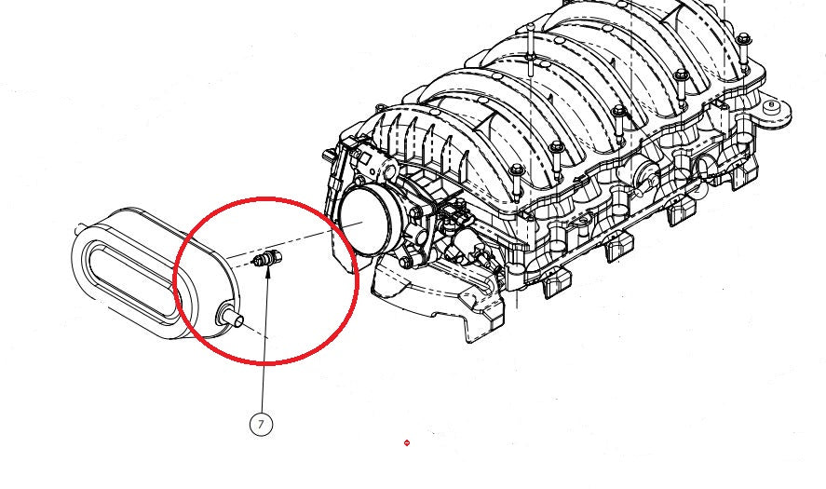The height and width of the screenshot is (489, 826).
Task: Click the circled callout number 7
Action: point(262,424)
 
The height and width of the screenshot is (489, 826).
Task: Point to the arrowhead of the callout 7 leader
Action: point(267,273)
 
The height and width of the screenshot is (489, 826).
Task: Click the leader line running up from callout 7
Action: point(264,354)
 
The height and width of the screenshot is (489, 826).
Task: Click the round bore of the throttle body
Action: point(364,213)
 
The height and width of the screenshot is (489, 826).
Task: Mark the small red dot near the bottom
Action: point(407,442)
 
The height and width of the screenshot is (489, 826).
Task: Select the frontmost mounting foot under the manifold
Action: point(555,281)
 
